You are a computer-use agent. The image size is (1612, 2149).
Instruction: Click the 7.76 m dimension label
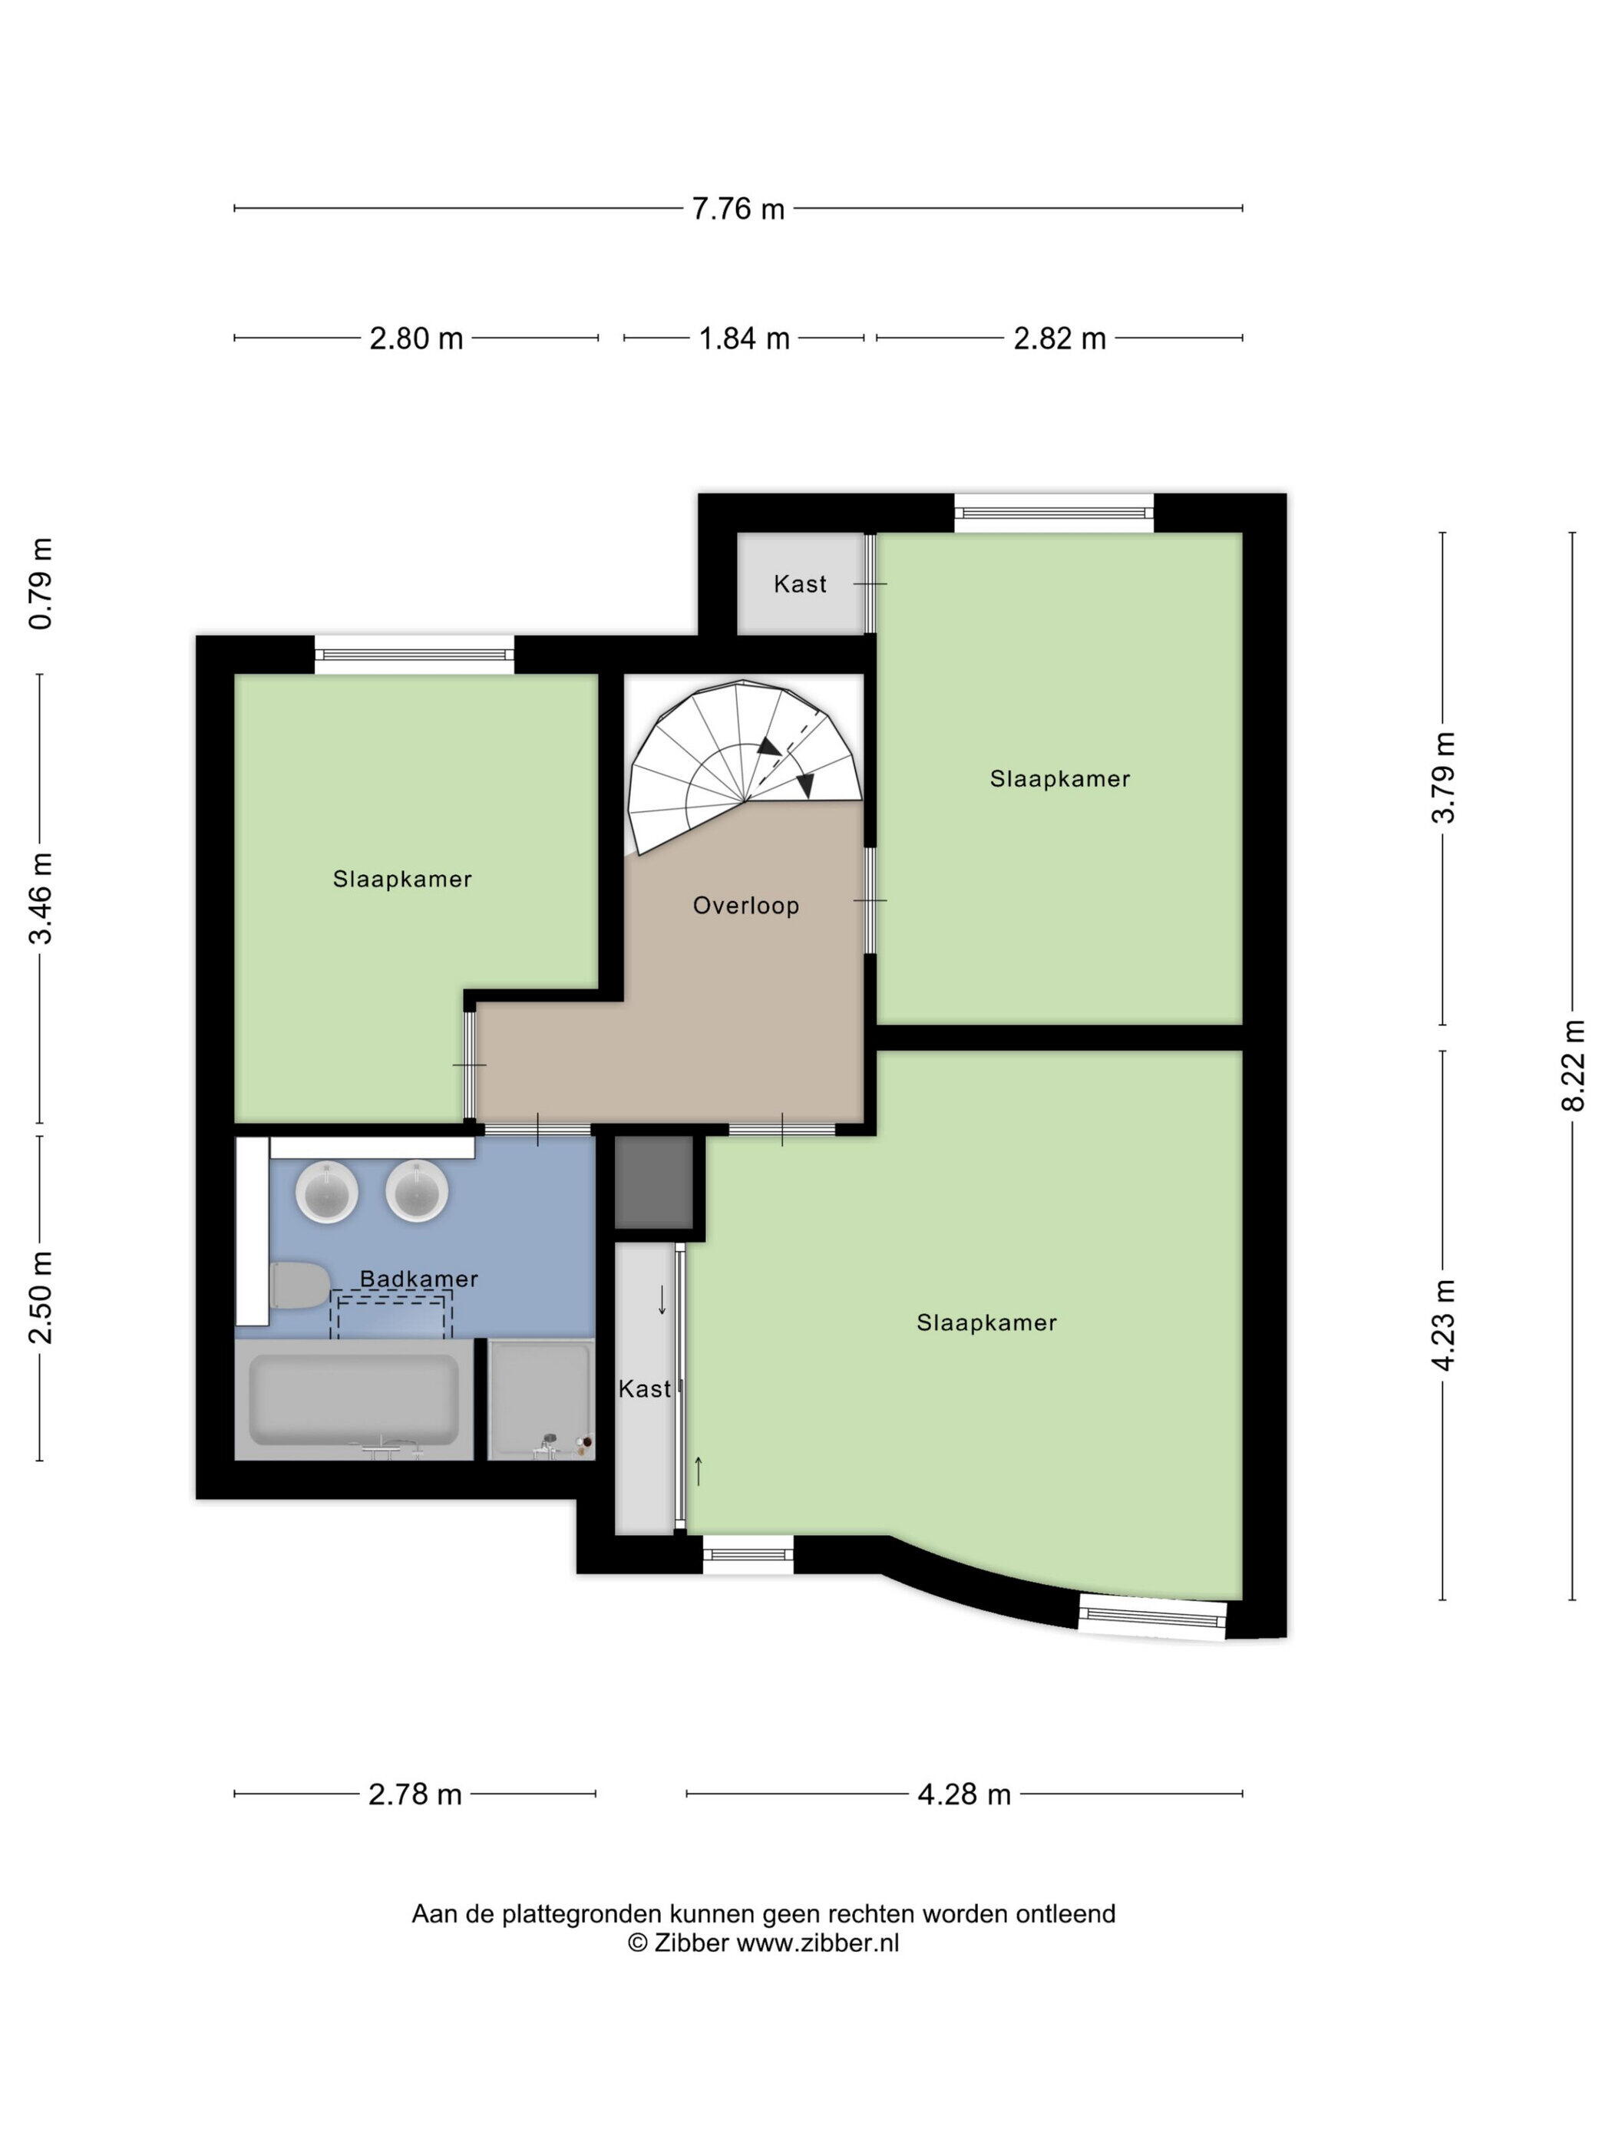click(738, 209)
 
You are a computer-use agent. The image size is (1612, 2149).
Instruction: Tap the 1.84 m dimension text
click(745, 339)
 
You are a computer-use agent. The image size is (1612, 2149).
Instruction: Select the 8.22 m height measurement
click(1573, 1065)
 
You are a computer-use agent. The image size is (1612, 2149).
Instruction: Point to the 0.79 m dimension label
click(41, 584)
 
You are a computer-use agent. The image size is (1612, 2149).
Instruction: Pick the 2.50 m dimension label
click(41, 1298)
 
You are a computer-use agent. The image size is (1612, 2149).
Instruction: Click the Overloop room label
click(746, 906)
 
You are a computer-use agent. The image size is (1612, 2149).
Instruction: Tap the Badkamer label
click(419, 1279)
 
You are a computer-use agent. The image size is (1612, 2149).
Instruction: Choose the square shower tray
click(541, 1400)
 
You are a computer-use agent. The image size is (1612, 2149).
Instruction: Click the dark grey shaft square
click(654, 1183)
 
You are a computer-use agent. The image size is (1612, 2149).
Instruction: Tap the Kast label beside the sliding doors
click(644, 1389)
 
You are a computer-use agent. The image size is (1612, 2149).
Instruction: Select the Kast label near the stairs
click(800, 584)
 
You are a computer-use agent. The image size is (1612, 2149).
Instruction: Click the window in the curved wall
click(1152, 1616)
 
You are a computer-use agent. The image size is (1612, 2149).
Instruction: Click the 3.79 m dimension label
click(1443, 777)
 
